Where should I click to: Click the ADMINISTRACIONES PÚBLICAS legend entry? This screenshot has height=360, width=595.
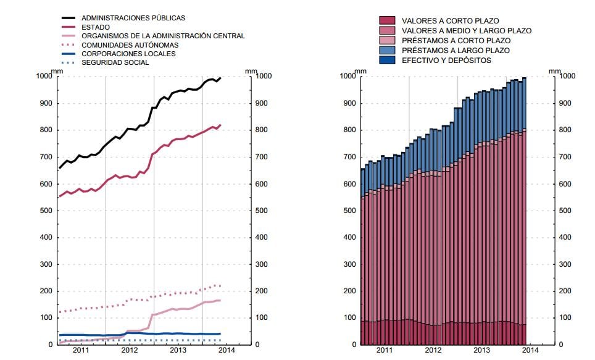tap(133, 19)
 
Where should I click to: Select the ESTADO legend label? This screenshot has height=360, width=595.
tap(95, 27)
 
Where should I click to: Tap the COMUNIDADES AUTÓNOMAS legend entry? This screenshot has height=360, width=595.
tap(130, 45)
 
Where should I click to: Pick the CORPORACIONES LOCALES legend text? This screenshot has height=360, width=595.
tap(128, 54)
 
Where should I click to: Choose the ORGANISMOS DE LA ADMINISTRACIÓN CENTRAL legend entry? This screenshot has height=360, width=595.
tap(163, 36)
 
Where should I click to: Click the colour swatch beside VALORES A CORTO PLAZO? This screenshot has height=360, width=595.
tap(387, 20)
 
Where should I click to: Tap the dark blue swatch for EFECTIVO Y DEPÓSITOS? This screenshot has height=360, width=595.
tap(387, 60)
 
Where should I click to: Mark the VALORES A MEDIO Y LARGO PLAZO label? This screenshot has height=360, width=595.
tap(466, 30)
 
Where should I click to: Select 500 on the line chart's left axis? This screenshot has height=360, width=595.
tap(46, 211)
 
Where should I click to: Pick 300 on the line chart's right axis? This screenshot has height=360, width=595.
tap(262, 264)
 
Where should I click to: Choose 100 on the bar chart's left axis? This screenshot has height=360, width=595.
tap(349, 318)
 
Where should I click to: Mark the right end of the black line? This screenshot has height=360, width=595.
tap(221, 78)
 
